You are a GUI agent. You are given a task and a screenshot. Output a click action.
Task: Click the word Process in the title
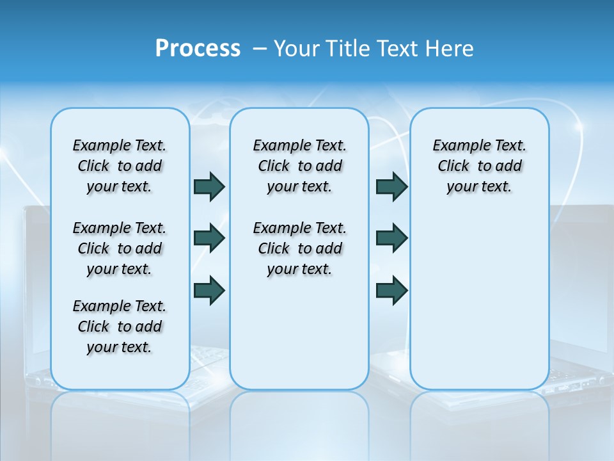coord(198,49)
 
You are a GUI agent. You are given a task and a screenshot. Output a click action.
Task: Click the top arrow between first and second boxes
coord(209,186)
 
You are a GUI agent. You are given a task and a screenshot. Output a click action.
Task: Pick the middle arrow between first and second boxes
coord(209,238)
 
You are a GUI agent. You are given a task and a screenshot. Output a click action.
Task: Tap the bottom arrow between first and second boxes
coord(209,290)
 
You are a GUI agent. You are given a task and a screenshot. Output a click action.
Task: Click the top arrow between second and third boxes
coord(391,186)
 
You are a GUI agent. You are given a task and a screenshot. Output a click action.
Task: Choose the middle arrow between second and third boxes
coord(391,238)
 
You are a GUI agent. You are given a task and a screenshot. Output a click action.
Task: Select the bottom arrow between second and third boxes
coord(391,290)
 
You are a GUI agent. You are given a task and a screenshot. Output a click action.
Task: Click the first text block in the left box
coord(120,166)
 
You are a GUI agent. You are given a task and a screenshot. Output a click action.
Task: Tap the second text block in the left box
coord(120,248)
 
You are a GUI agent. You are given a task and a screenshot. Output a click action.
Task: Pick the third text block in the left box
coord(120,327)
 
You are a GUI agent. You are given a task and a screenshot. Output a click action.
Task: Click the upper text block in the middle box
coord(299,166)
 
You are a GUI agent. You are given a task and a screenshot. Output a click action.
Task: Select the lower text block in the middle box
coord(299,248)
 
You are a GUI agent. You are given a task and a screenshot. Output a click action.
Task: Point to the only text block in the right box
coord(479,166)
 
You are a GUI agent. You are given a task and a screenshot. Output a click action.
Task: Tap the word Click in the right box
coord(453,166)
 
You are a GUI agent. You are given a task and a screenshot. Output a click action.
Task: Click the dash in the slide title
coord(260,49)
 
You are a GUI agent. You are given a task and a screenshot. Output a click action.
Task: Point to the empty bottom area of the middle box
coord(299,339)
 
